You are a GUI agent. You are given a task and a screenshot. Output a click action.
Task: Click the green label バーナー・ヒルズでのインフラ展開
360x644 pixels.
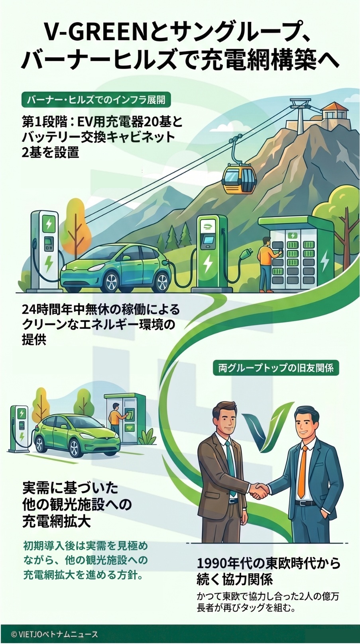(96, 99)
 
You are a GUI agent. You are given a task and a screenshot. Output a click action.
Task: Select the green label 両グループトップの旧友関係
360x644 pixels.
(276, 368)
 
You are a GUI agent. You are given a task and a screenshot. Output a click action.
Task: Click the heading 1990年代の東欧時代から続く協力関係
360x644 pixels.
(268, 571)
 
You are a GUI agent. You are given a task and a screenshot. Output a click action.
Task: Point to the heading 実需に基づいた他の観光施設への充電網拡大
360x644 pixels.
(77, 504)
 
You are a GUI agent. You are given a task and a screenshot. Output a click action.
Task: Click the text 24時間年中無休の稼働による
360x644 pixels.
(101, 310)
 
